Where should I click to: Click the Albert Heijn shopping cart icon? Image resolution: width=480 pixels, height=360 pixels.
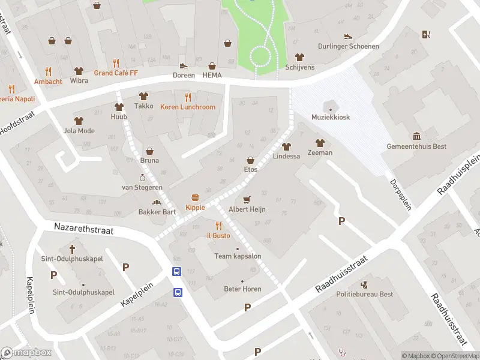[246, 199]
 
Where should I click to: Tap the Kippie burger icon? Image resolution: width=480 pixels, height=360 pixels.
[195, 197]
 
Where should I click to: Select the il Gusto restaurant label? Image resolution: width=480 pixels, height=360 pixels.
[218, 236]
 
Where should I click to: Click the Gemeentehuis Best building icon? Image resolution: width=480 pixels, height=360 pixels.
[416, 136]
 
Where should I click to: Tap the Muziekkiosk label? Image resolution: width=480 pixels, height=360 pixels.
[330, 117]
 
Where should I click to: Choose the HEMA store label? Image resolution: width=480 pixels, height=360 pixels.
[212, 75]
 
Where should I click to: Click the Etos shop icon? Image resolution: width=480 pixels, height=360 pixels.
[250, 160]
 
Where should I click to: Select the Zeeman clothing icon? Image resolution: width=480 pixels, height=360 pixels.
[319, 143]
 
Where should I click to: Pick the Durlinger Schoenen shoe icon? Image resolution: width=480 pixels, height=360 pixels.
[347, 36]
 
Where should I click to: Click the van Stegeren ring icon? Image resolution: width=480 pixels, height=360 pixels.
[143, 178]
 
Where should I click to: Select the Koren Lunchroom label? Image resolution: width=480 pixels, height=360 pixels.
[187, 107]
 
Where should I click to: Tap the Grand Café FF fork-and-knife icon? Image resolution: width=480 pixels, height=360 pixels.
[116, 62]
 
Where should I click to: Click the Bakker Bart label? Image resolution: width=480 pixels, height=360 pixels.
[157, 211]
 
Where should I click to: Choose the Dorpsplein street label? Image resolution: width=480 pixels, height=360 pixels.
[401, 194]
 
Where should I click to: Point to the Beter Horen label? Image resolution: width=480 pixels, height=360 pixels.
[242, 289]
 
